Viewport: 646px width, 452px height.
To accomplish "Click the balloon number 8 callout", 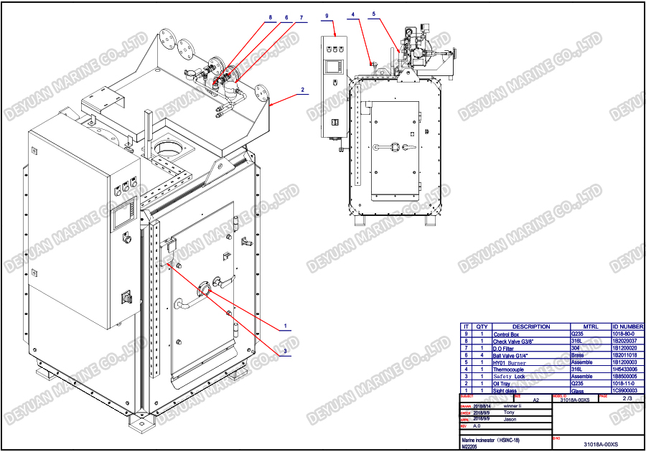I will point(271,17).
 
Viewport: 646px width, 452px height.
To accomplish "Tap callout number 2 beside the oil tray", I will point(303,90).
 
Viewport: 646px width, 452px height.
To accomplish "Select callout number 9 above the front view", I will point(327,15).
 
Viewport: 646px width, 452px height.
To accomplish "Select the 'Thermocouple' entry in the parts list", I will point(510,369).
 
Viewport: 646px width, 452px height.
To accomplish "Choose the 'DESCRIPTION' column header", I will point(531,326).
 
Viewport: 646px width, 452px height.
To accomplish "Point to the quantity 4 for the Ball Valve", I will point(482,355).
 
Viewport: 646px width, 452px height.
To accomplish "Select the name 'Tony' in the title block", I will point(510,413).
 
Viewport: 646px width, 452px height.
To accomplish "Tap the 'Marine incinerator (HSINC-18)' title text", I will point(490,439).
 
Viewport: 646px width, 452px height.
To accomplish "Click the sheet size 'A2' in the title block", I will point(535,400).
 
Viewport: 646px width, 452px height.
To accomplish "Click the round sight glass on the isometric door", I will point(205,290).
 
